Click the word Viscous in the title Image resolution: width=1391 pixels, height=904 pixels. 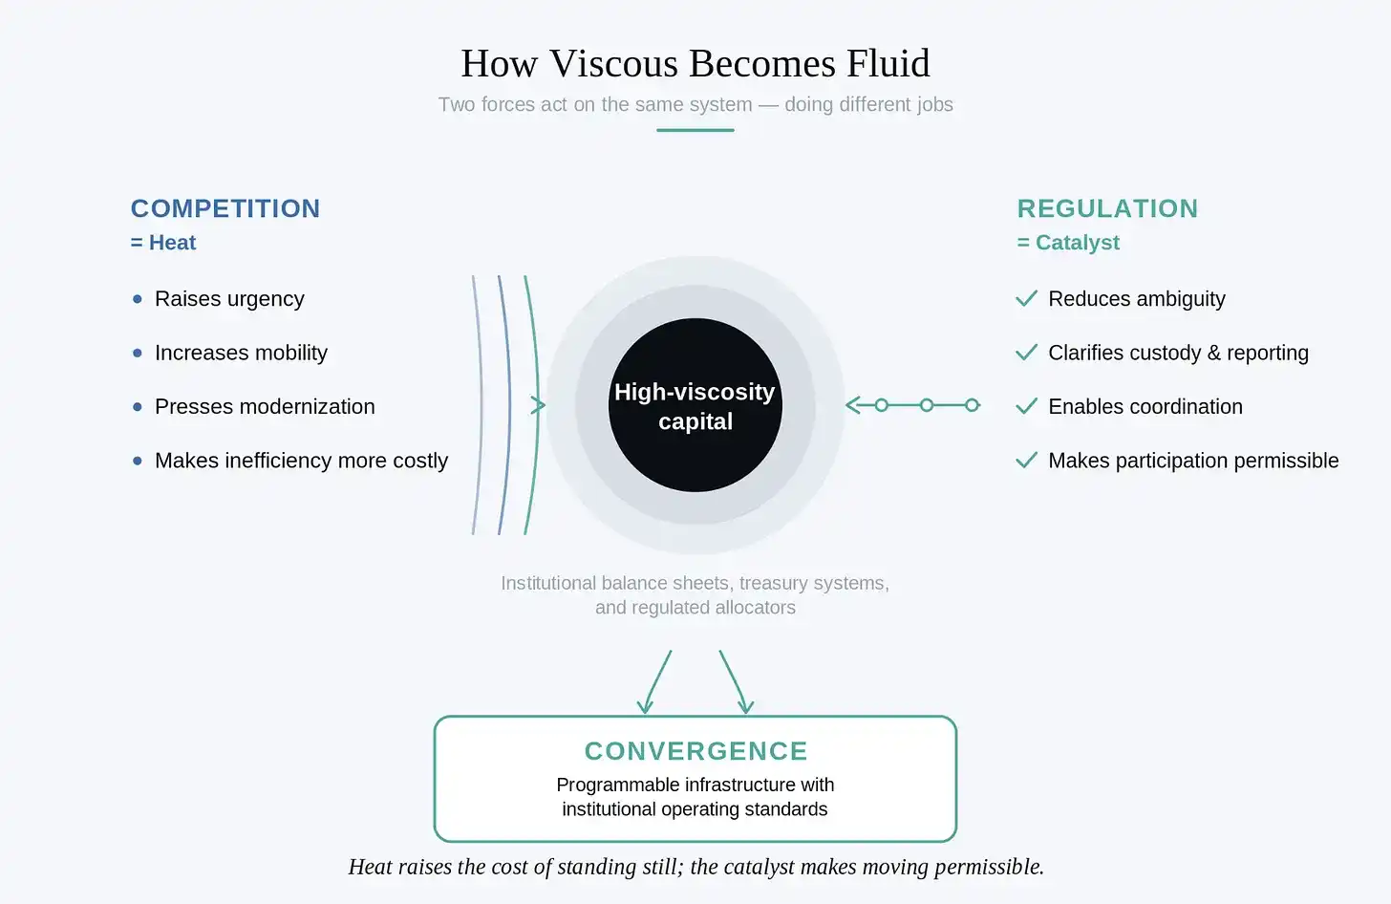[x=613, y=63]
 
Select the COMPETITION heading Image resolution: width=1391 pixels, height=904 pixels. [x=225, y=208]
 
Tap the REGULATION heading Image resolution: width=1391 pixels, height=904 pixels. [x=1107, y=208]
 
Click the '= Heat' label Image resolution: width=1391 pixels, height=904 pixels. [x=163, y=243]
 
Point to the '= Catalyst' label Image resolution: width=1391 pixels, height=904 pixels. [x=1068, y=243]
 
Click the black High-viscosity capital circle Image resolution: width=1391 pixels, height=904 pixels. [x=695, y=405]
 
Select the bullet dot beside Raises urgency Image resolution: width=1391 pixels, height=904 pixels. [x=138, y=299]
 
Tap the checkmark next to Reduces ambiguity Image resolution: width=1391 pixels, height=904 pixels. [x=1026, y=298]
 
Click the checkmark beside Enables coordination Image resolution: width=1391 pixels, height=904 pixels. [x=1026, y=406]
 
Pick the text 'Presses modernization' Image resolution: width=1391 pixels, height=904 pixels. [x=265, y=406]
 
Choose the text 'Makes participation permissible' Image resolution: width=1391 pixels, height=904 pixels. [x=1193, y=461]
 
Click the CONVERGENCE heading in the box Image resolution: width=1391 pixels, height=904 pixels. [x=695, y=751]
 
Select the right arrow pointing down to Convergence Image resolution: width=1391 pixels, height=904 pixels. [x=735, y=681]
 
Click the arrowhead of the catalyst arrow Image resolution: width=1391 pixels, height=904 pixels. [x=852, y=405]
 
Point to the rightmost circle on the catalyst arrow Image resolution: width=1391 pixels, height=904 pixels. [x=972, y=405]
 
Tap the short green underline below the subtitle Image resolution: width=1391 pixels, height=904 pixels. [x=695, y=130]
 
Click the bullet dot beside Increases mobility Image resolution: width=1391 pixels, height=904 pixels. [x=138, y=353]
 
